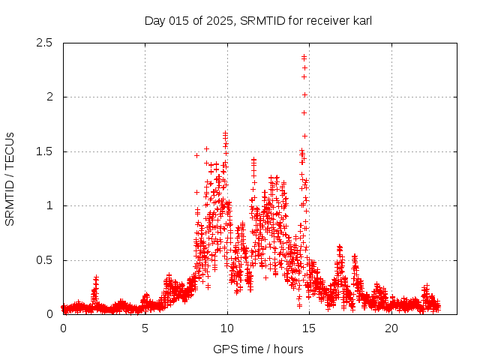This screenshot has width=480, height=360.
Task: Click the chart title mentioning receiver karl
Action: tap(258, 21)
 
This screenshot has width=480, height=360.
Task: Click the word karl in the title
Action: tap(361, 21)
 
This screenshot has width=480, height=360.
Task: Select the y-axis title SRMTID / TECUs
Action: tap(10, 178)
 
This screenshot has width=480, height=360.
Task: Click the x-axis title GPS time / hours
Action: tap(258, 349)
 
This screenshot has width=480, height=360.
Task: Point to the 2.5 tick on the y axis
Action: tap(45, 43)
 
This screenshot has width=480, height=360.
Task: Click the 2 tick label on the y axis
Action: tap(49, 97)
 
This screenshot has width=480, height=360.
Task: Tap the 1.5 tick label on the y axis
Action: tap(45, 151)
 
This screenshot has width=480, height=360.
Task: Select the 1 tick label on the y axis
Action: tap(49, 205)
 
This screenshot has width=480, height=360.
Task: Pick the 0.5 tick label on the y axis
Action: tap(45, 260)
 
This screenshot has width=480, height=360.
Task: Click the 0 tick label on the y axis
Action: tap(49, 314)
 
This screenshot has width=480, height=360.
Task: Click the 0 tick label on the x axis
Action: tap(63, 328)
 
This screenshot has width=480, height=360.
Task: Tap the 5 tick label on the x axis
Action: tap(145, 328)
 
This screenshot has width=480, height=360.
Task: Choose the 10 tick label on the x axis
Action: tap(227, 328)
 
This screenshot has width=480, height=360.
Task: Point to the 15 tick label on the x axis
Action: tap(309, 328)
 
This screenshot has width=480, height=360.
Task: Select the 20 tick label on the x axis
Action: tap(391, 328)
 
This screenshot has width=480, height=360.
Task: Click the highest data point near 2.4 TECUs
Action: tap(304, 56)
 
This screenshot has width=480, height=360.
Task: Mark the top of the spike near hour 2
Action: tap(96, 277)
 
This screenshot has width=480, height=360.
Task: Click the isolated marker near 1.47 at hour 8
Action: tap(197, 155)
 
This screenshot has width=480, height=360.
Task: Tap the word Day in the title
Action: tap(154, 21)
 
